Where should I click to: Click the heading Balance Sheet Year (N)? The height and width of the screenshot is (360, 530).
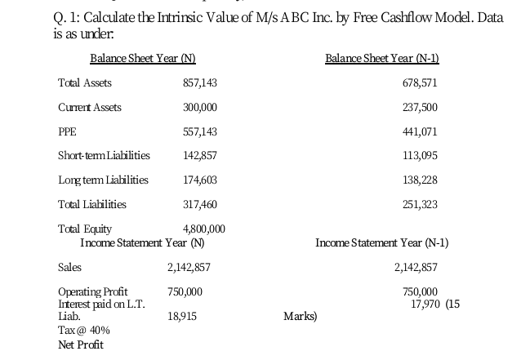pyautogui.click(x=142, y=58)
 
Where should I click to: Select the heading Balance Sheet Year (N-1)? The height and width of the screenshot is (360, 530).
pyautogui.click(x=381, y=58)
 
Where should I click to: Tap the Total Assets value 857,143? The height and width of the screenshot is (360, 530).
pyautogui.click(x=200, y=83)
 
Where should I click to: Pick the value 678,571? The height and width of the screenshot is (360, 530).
pyautogui.click(x=421, y=83)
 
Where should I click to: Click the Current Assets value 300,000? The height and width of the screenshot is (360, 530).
pyautogui.click(x=200, y=108)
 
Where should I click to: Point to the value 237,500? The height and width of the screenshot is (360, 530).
pyautogui.click(x=421, y=108)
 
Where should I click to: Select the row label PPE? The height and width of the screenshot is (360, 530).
pyautogui.click(x=67, y=131)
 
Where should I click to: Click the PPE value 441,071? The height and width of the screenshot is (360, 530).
pyautogui.click(x=421, y=131)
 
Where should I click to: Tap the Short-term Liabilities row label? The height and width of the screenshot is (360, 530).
pyautogui.click(x=104, y=156)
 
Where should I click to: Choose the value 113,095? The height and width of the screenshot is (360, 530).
pyautogui.click(x=421, y=156)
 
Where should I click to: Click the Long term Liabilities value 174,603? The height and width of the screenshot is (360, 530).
pyautogui.click(x=200, y=180)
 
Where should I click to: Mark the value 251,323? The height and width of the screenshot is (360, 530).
pyautogui.click(x=421, y=204)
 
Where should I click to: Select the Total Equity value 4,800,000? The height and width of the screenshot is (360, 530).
pyautogui.click(x=203, y=229)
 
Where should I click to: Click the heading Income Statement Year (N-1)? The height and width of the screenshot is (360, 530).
pyautogui.click(x=381, y=242)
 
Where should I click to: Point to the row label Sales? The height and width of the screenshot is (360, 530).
pyautogui.click(x=70, y=267)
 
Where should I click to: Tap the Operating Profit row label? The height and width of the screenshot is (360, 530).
pyautogui.click(x=92, y=291)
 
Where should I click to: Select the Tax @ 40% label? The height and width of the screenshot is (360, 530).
pyautogui.click(x=83, y=330)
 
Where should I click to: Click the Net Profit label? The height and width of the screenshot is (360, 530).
pyautogui.click(x=81, y=344)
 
